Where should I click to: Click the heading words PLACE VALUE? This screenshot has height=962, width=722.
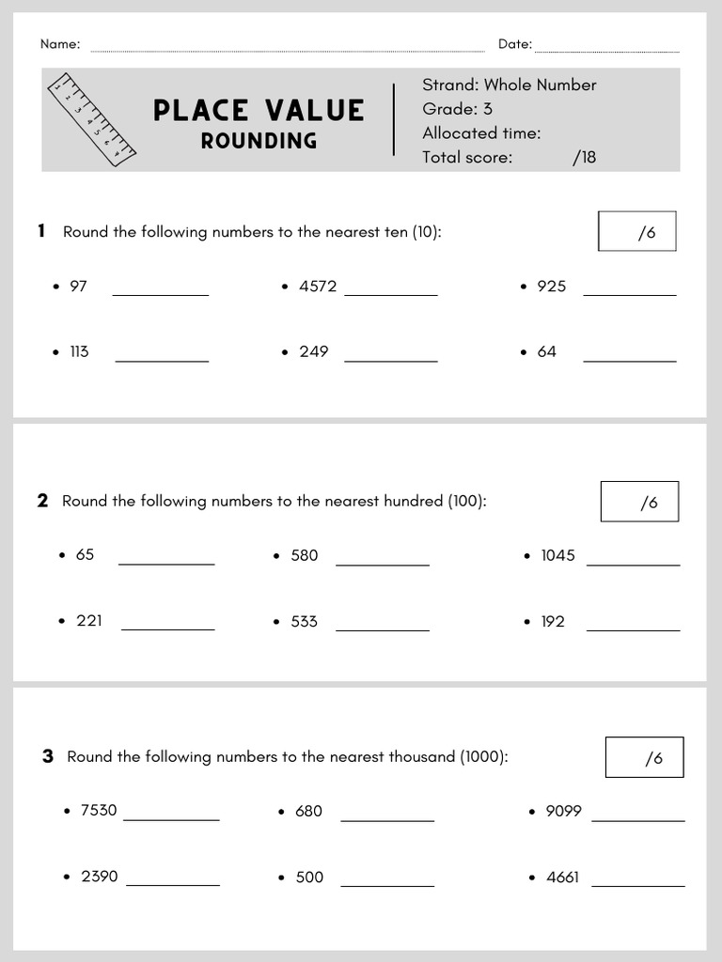pyautogui.click(x=259, y=111)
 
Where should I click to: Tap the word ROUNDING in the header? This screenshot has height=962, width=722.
pyautogui.click(x=259, y=141)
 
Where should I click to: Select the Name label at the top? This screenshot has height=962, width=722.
pyautogui.click(x=60, y=44)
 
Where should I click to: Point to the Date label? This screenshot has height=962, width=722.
pyautogui.click(x=514, y=44)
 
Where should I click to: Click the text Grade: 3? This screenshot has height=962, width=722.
pyautogui.click(x=457, y=109)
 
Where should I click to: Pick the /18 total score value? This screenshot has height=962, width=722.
pyautogui.click(x=584, y=157)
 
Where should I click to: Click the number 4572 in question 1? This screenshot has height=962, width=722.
pyautogui.click(x=318, y=287)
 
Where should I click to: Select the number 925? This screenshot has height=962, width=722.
pyautogui.click(x=551, y=287)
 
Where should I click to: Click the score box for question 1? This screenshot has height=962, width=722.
pyautogui.click(x=636, y=231)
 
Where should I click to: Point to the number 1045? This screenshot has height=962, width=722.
pyautogui.click(x=557, y=555)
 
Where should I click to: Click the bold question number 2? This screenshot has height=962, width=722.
pyautogui.click(x=42, y=501)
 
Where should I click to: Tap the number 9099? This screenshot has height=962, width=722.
pyautogui.click(x=563, y=811)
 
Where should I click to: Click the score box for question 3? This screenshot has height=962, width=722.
pyautogui.click(x=644, y=757)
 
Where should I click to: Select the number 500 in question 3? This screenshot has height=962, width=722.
pyautogui.click(x=309, y=877)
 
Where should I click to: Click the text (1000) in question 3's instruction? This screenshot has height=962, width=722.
pyautogui.click(x=483, y=756)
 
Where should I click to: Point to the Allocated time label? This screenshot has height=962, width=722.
pyautogui.click(x=481, y=133)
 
